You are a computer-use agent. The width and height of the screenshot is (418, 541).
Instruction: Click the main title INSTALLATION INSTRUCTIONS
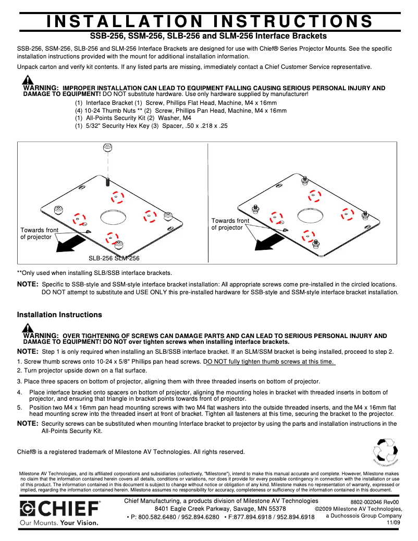[209, 21]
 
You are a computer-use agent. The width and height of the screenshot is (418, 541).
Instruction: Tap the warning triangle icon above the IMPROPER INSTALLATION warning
[28, 80]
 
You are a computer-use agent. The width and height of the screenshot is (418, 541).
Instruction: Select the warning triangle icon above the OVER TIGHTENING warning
[28, 328]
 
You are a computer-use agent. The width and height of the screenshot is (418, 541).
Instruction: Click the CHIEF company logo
[60, 509]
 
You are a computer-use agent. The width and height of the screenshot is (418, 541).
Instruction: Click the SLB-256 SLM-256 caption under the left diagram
[114, 258]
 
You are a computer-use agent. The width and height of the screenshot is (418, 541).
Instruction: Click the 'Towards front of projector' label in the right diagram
[230, 224]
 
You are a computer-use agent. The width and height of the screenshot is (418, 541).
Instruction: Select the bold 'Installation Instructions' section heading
[59, 315]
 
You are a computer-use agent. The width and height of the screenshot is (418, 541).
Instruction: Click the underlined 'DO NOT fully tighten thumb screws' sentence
[269, 362]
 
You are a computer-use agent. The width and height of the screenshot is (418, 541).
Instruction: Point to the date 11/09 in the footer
[394, 522]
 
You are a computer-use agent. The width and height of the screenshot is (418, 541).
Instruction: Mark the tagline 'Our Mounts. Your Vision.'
[58, 522]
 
